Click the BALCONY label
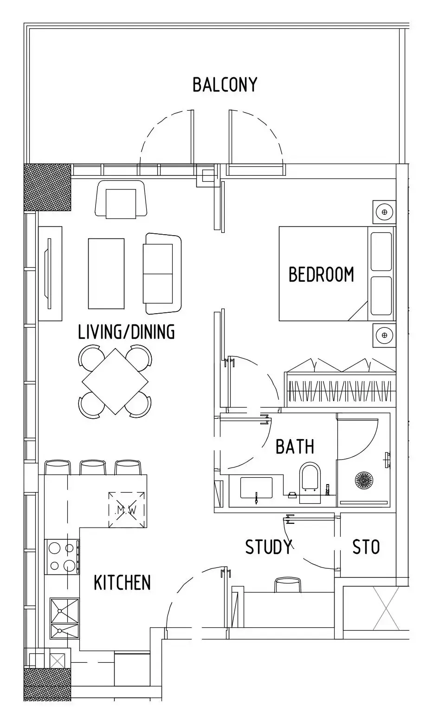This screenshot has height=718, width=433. click(225, 85)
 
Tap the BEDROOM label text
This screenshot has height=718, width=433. click(321, 274)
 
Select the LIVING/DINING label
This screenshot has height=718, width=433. click(126, 332)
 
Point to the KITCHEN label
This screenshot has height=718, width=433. click(122, 582)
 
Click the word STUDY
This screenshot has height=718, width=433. click(269, 547)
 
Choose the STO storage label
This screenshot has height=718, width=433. click(366, 547)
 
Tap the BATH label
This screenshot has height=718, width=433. click(295, 447)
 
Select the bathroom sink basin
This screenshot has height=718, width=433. click(256, 488)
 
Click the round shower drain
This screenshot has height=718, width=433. click(364, 480)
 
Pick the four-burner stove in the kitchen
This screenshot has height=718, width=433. click(62, 557)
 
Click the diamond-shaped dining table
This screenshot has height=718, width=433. click(115, 382)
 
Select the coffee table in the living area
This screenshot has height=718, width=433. click(106, 273)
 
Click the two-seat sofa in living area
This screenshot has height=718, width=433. click(162, 273)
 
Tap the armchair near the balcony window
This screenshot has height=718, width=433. click(121, 199)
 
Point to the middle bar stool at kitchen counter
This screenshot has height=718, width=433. click(92, 468)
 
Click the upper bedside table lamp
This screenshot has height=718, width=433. click(384, 212)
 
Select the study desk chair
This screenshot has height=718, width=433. click(288, 585)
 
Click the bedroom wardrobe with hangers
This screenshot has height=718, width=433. click(340, 383)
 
